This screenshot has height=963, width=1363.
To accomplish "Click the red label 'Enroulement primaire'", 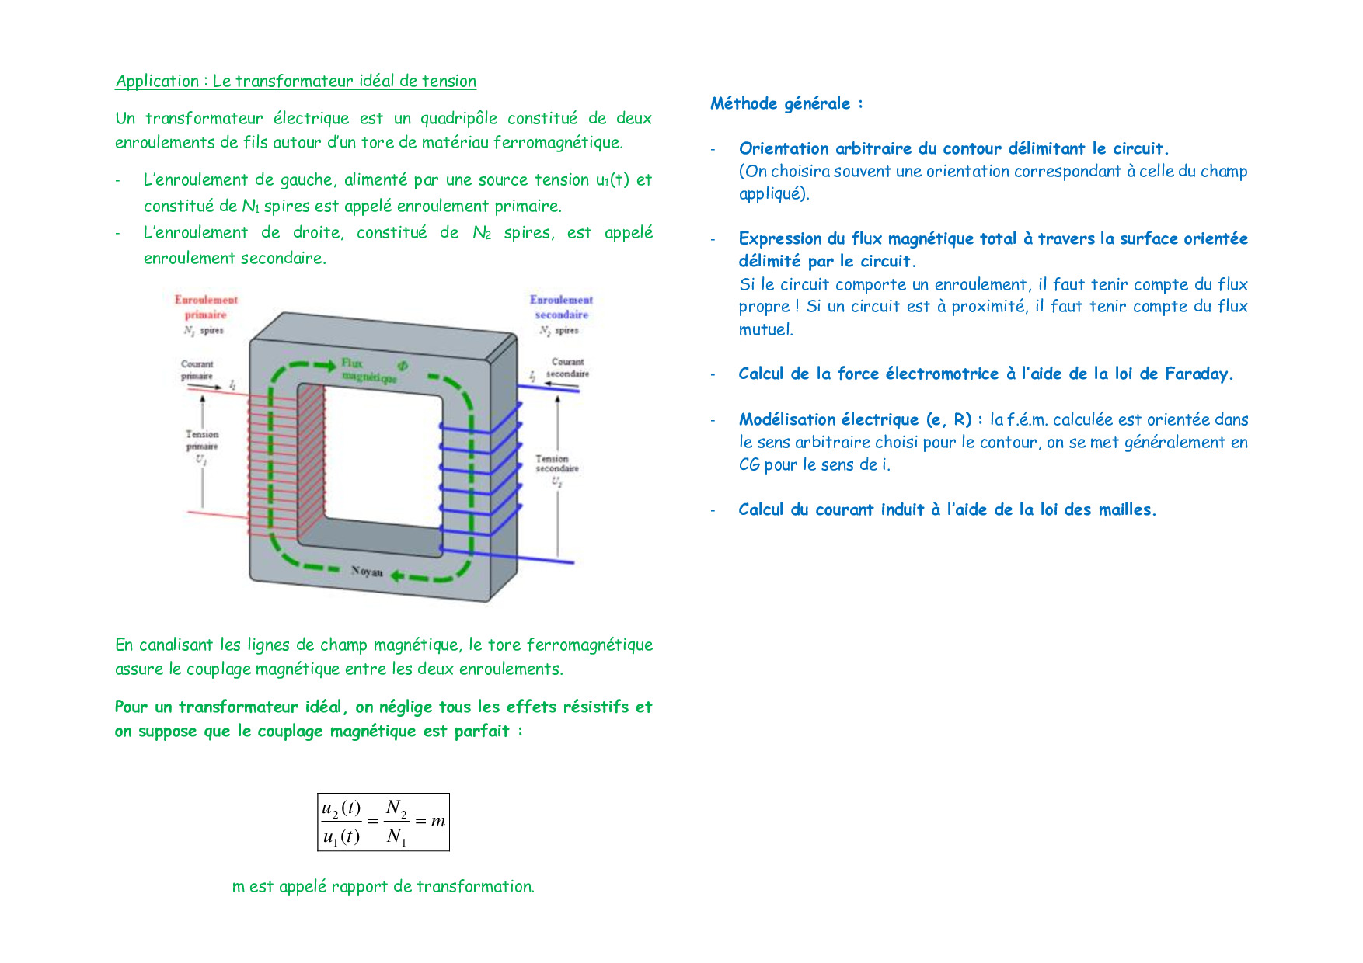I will (206, 307).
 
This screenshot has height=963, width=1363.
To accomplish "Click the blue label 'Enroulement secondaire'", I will (561, 307).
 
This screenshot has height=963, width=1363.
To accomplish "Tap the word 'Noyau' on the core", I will (367, 572).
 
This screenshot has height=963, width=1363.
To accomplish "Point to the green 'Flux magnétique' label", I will (367, 370).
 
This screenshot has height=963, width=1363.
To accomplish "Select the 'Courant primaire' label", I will (197, 370).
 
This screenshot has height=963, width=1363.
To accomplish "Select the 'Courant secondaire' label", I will (568, 367).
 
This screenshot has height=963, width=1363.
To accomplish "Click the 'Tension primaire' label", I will (202, 440).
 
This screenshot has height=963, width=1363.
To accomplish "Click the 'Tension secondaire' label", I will (556, 464).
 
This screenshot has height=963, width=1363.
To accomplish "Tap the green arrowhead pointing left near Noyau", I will (396, 575).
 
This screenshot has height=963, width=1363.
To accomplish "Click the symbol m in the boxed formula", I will (438, 821).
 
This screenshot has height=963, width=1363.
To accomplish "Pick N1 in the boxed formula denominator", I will (396, 836).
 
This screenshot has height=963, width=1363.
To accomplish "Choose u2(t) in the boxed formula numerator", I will (341, 808).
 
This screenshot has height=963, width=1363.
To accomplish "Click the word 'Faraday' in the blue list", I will (1197, 374).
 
